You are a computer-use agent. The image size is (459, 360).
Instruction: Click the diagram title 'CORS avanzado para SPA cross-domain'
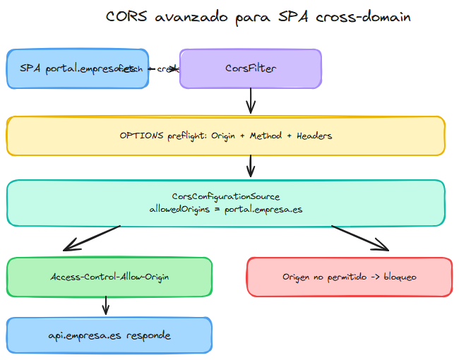pos(258,17)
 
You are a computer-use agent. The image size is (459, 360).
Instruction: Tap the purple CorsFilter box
pos(250,68)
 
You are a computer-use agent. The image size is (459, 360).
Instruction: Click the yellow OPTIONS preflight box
pos(225,136)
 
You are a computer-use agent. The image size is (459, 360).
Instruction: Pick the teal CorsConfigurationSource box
pos(225,203)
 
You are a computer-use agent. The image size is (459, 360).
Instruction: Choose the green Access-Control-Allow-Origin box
pos(109,277)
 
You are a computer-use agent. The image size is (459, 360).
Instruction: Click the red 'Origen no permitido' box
pos(349,277)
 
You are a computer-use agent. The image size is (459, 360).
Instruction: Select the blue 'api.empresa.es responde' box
pos(109,335)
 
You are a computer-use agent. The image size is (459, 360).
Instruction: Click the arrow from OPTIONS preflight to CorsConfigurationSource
pos(250,167)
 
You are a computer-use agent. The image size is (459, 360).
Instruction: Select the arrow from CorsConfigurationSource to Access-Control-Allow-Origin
pos(92,238)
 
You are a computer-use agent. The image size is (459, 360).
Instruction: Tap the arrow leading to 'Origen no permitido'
pos(360,238)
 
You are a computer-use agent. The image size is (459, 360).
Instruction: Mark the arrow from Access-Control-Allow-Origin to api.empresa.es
pos(106,306)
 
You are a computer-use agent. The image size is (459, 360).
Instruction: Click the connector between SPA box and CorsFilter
pos(165,69)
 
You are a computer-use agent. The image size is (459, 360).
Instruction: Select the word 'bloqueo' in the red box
pos(397,277)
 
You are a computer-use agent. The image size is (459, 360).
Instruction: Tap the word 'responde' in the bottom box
pos(148,335)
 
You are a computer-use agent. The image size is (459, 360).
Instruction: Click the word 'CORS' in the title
pos(126,17)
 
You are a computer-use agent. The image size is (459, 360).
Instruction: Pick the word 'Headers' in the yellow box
pos(314,136)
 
